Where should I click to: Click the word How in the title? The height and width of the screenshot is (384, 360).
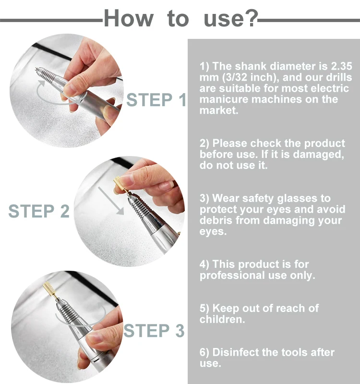pyautogui.click(x=129, y=18)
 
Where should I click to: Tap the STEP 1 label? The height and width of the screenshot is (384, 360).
pyautogui.click(x=156, y=100)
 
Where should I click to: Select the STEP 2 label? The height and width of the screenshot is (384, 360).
pyautogui.click(x=39, y=211)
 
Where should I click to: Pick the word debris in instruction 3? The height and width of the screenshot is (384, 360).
pyautogui.click(x=215, y=220)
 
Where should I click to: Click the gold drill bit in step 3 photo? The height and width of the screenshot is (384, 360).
pyautogui.click(x=49, y=290)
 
